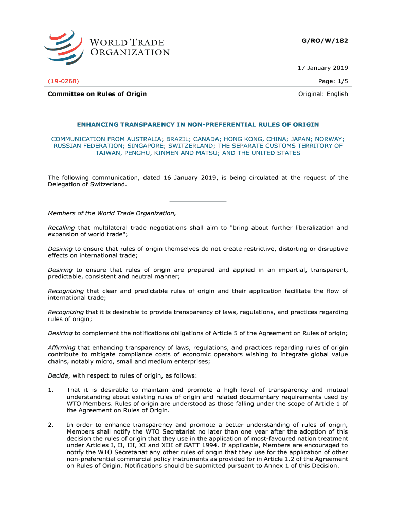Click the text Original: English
(323, 94)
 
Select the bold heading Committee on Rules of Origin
(97, 94)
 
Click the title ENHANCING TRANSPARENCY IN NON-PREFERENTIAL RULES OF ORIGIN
(198, 125)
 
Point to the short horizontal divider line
(198, 201)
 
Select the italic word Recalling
(61, 227)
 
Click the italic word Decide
(57, 375)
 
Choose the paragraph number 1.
(51, 390)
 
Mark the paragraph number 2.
(51, 424)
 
